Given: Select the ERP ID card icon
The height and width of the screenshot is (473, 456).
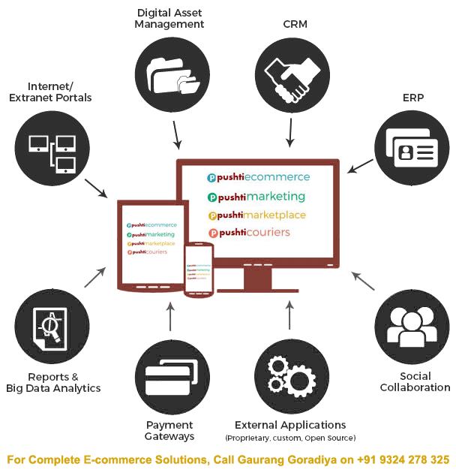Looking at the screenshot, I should tap(411, 148).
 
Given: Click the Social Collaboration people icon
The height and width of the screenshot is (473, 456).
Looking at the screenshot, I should tap(411, 327).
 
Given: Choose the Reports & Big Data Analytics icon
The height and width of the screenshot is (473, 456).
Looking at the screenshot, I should tap(51, 327).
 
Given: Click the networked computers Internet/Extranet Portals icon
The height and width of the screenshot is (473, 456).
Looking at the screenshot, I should tap(51, 148).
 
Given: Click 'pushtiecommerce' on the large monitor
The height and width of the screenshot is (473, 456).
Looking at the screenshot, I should tap(259, 177).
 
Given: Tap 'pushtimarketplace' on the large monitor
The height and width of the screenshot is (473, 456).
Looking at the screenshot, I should tap(257, 215).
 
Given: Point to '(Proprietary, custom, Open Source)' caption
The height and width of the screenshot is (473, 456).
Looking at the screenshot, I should tap(290, 438).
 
